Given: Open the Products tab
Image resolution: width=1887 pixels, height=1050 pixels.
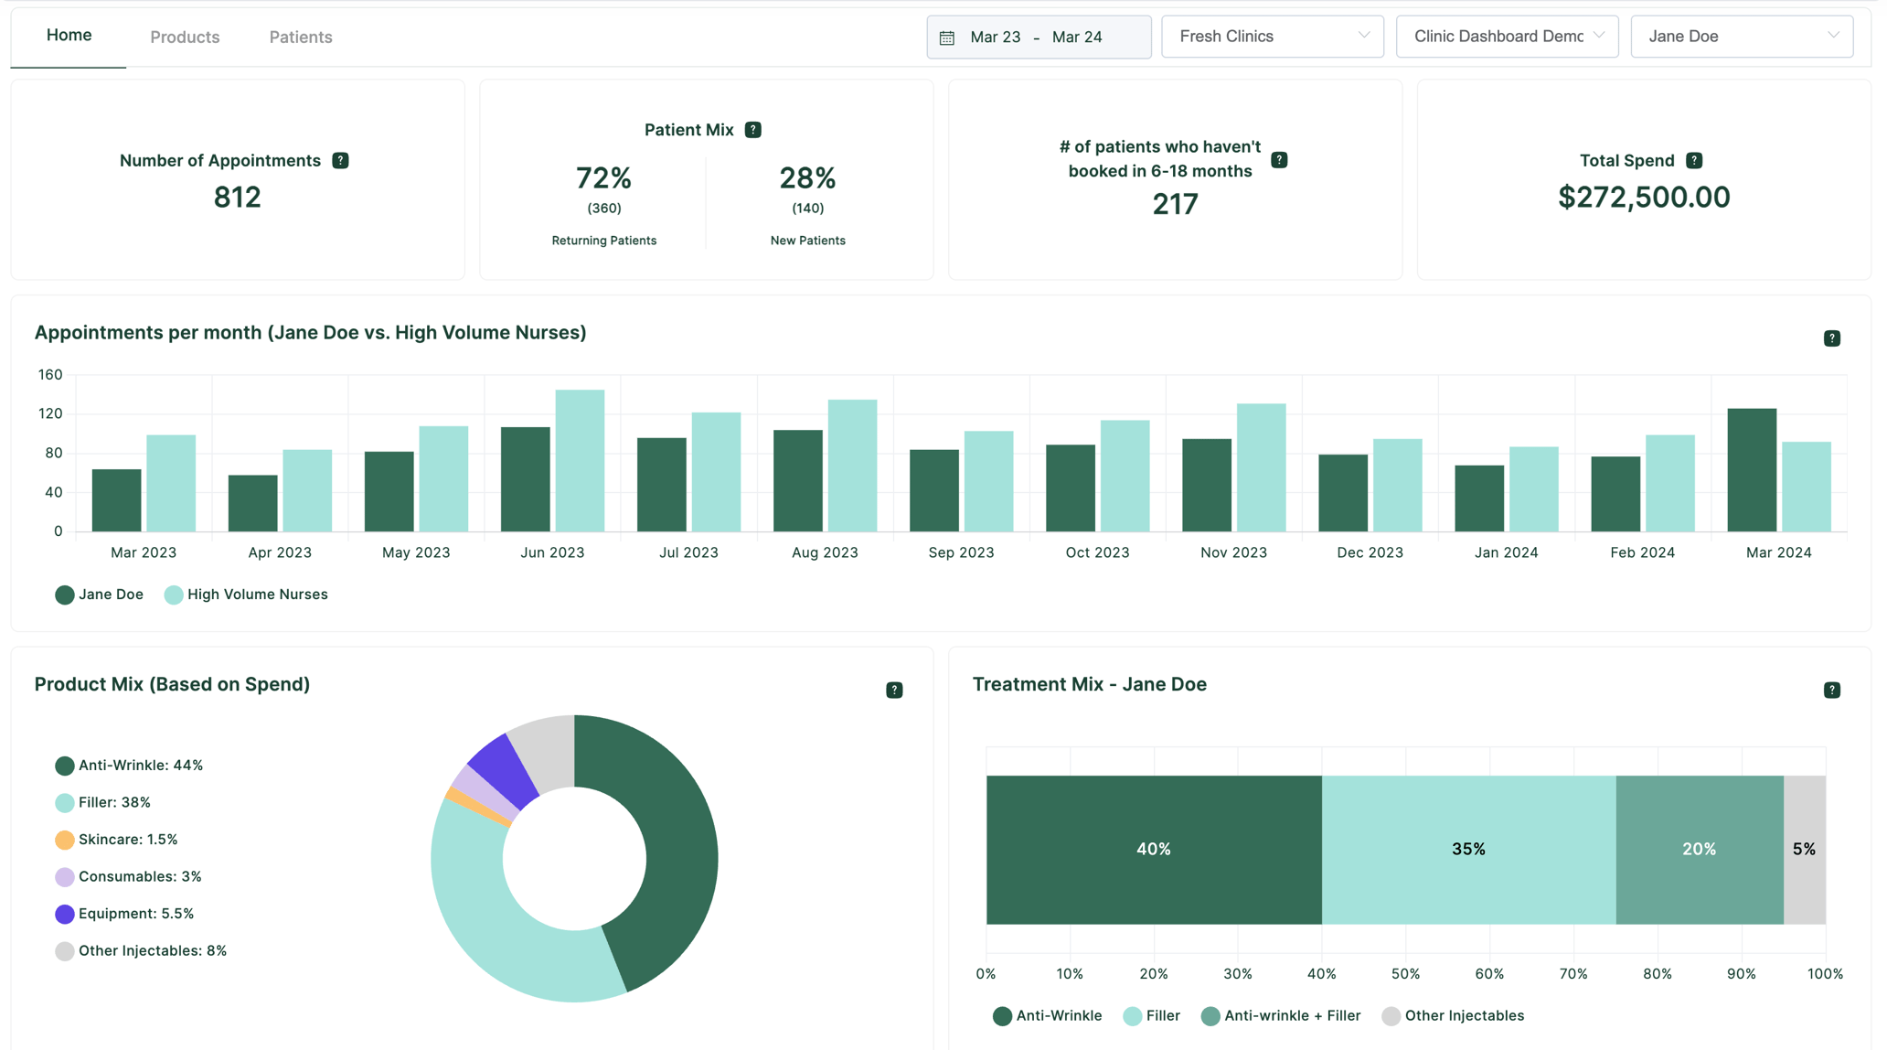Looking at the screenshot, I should tap(185, 37).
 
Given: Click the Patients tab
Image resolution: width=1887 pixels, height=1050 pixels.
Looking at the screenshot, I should tap(300, 37).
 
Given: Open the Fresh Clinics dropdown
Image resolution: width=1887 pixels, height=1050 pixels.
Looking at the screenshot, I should tap(1272, 37).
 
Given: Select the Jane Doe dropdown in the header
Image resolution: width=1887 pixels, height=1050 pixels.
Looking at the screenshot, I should tap(1741, 37).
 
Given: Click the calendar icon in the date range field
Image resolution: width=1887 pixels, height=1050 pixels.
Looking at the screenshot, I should tap(947, 37).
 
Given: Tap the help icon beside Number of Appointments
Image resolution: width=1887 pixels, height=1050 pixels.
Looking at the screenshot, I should tap(340, 161).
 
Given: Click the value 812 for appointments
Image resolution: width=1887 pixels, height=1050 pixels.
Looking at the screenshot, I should tap(237, 198).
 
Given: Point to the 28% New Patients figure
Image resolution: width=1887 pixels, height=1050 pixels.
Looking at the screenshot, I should tap(806, 178).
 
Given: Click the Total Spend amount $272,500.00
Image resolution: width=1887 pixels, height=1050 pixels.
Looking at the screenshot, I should tap(1643, 198).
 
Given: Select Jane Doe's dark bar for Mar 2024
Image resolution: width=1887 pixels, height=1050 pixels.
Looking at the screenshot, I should tap(1751, 470).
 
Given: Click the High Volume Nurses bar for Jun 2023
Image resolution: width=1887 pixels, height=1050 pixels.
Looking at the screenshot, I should tap(580, 461).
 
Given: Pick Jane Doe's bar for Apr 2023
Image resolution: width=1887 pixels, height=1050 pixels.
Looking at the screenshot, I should tap(252, 503).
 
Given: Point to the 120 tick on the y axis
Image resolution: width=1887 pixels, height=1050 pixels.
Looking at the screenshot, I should tap(50, 413).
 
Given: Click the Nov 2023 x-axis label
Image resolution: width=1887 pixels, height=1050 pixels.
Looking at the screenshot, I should tap(1232, 552).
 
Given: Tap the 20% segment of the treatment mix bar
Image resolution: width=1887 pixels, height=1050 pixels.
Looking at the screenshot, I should tap(1699, 850).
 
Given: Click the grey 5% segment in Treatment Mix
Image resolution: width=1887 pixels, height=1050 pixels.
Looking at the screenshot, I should tap(1804, 850).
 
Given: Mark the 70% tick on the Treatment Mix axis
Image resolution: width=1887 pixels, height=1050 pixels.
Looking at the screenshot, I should tap(1572, 974).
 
